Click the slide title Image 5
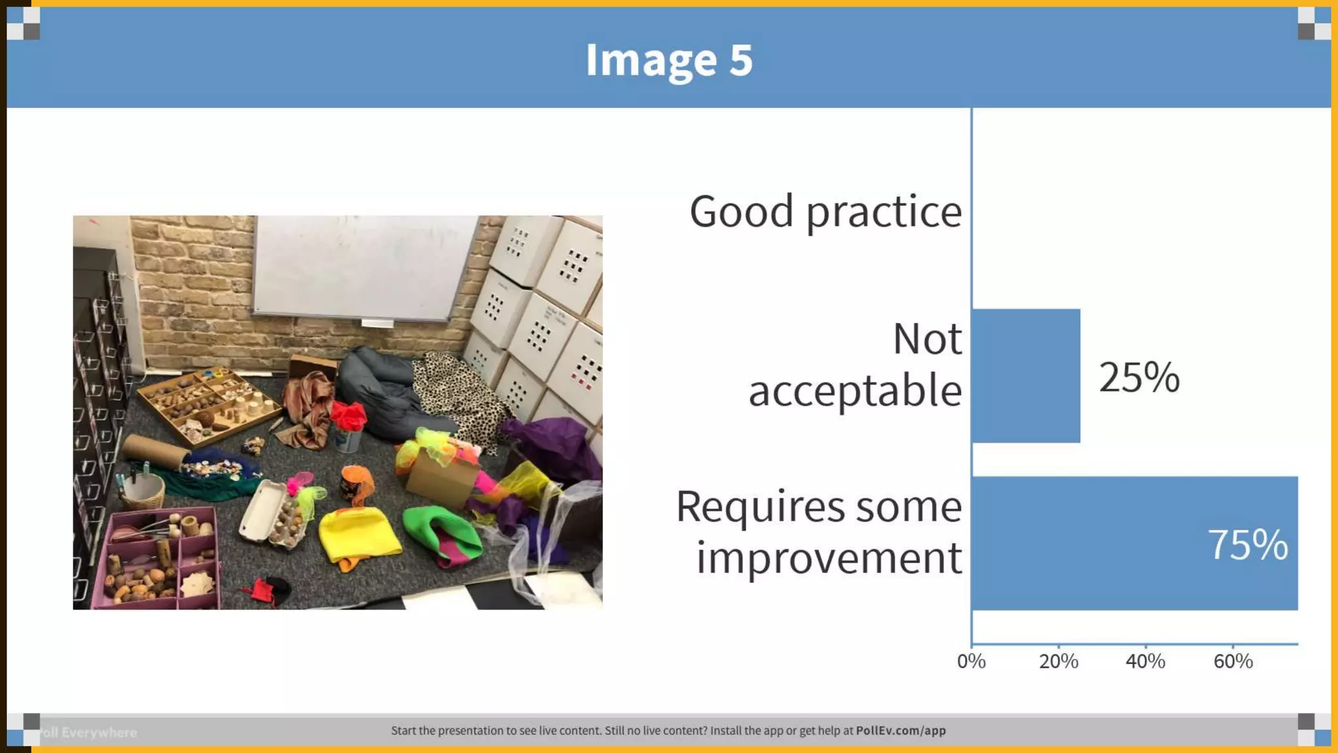[669, 59]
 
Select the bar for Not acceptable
[1026, 376]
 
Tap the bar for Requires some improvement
[1134, 543]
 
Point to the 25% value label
[1139, 377]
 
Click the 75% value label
[1247, 544]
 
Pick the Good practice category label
[826, 212]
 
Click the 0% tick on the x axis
[971, 661]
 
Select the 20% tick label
[1058, 661]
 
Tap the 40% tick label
[1145, 661]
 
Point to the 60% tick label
[1233, 661]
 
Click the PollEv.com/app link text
[900, 731]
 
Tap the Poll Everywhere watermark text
[89, 733]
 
